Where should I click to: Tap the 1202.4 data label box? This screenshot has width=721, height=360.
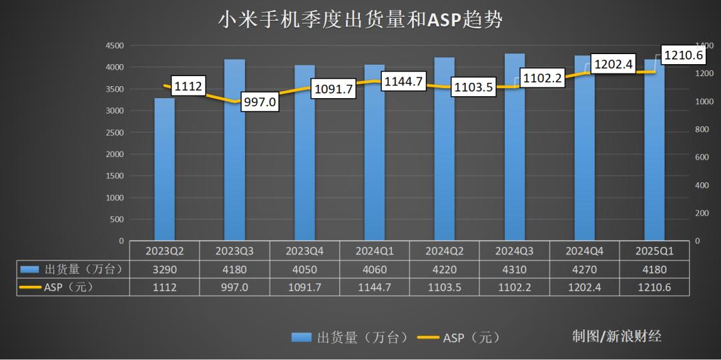[x=612, y=65]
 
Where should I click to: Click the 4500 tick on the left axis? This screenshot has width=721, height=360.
[x=114, y=45]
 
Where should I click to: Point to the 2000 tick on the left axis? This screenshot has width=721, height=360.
[x=114, y=154]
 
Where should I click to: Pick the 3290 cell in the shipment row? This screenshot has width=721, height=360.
[x=164, y=269]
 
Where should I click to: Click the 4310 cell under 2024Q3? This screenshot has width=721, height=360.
[x=515, y=269]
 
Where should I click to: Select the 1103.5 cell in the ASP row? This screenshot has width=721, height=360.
[x=445, y=287]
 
